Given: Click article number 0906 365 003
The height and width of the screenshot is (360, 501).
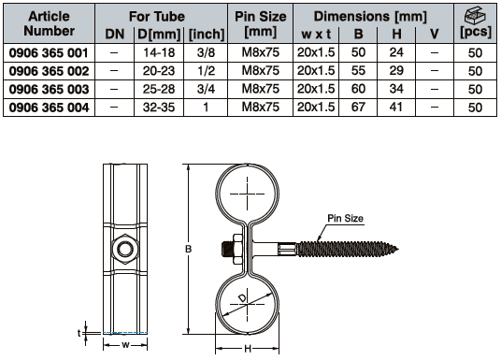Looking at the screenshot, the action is click(49, 89).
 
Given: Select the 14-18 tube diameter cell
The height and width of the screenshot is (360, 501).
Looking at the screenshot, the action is click(159, 52).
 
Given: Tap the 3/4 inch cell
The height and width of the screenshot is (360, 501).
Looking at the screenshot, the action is click(206, 89).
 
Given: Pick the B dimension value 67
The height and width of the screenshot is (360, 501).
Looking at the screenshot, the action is click(358, 108).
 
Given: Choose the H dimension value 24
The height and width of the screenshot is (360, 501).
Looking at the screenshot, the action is click(396, 52).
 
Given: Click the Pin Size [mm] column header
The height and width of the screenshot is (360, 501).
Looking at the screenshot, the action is click(261, 24).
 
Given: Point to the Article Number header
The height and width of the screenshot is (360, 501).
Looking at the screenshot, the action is click(49, 23).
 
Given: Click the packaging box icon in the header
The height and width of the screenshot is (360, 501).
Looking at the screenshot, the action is click(475, 15).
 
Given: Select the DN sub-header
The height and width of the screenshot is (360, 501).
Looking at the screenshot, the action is click(115, 35).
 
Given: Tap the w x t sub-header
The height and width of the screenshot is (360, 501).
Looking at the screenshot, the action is click(316, 35).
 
